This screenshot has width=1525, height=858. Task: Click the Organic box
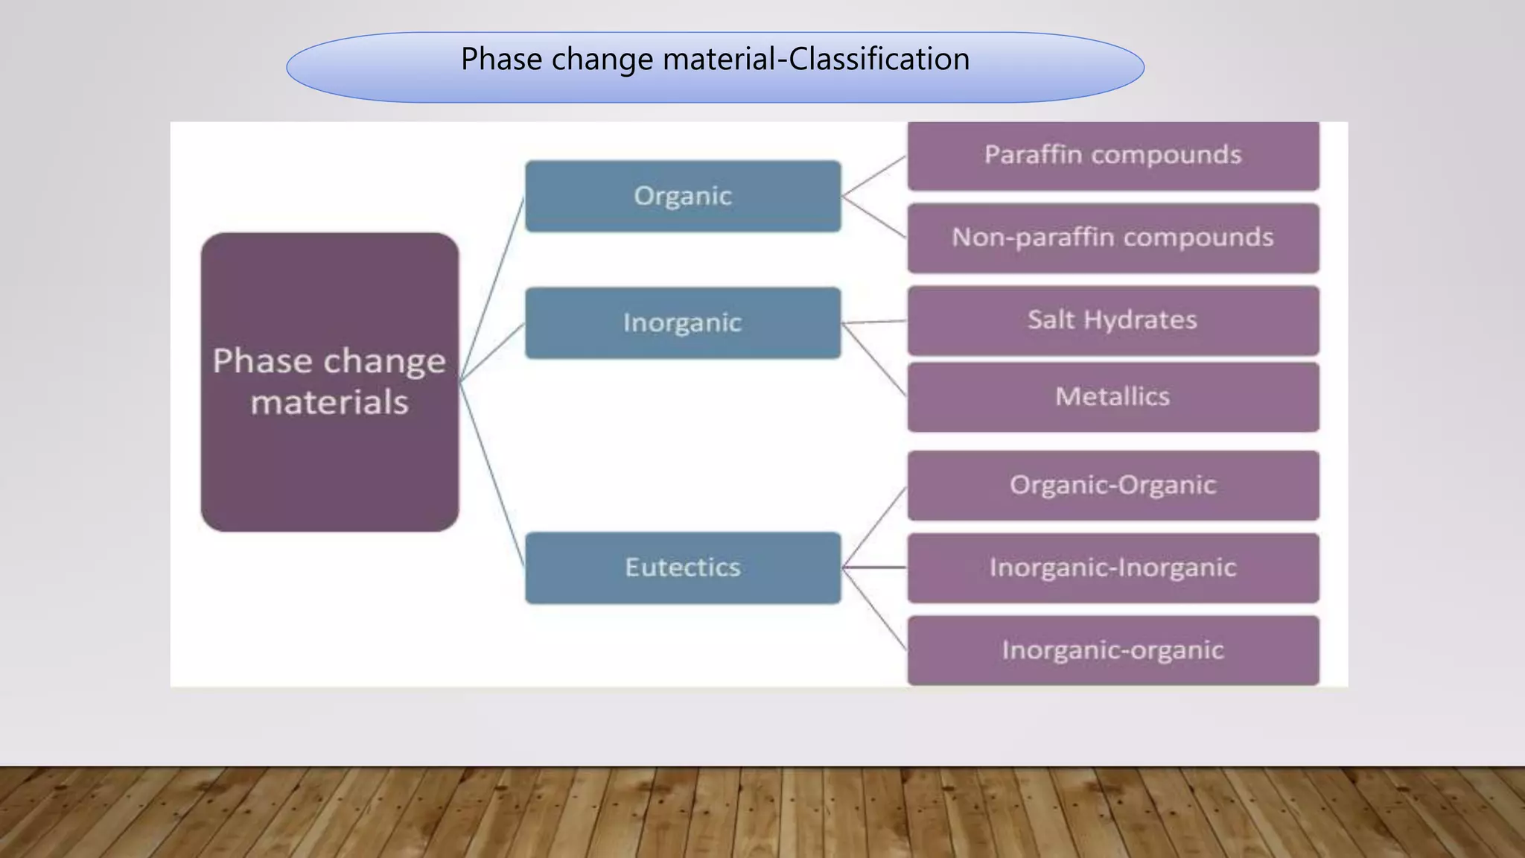click(683, 196)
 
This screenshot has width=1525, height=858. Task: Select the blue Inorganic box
click(683, 322)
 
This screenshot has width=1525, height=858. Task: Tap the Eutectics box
click(683, 568)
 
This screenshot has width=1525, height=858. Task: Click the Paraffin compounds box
click(1112, 155)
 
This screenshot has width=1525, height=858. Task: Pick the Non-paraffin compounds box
click(1112, 238)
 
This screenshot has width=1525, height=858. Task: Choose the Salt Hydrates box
click(1112, 320)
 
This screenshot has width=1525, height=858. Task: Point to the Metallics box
click(1112, 396)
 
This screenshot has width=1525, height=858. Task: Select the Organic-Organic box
click(1112, 485)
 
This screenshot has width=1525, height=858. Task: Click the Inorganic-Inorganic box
click(1112, 568)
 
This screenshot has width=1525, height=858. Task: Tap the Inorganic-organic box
click(1112, 650)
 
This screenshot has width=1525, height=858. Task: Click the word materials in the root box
click(329, 403)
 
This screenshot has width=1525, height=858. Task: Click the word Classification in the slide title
click(879, 59)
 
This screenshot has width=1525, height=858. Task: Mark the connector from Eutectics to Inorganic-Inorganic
click(874, 568)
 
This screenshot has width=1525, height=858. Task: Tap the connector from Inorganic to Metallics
click(874, 359)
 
